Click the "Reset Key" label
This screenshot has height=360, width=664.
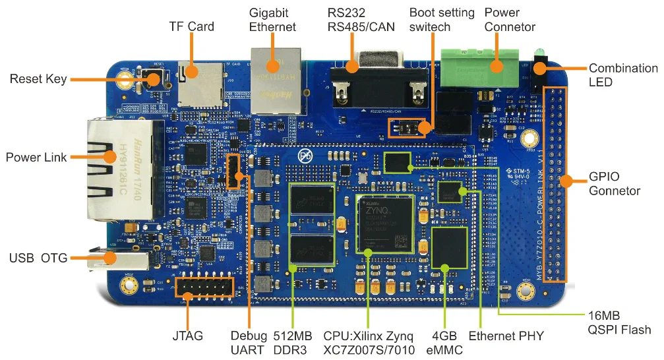coord(38,79)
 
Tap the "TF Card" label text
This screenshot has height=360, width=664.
coord(192,27)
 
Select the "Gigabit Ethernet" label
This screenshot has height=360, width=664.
coord(272,20)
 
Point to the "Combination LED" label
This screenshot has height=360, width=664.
coord(622,75)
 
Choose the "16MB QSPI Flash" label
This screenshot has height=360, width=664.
coord(619,322)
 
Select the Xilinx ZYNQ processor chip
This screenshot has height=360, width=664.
coord(386,224)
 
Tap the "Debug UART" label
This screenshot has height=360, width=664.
coord(249,342)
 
